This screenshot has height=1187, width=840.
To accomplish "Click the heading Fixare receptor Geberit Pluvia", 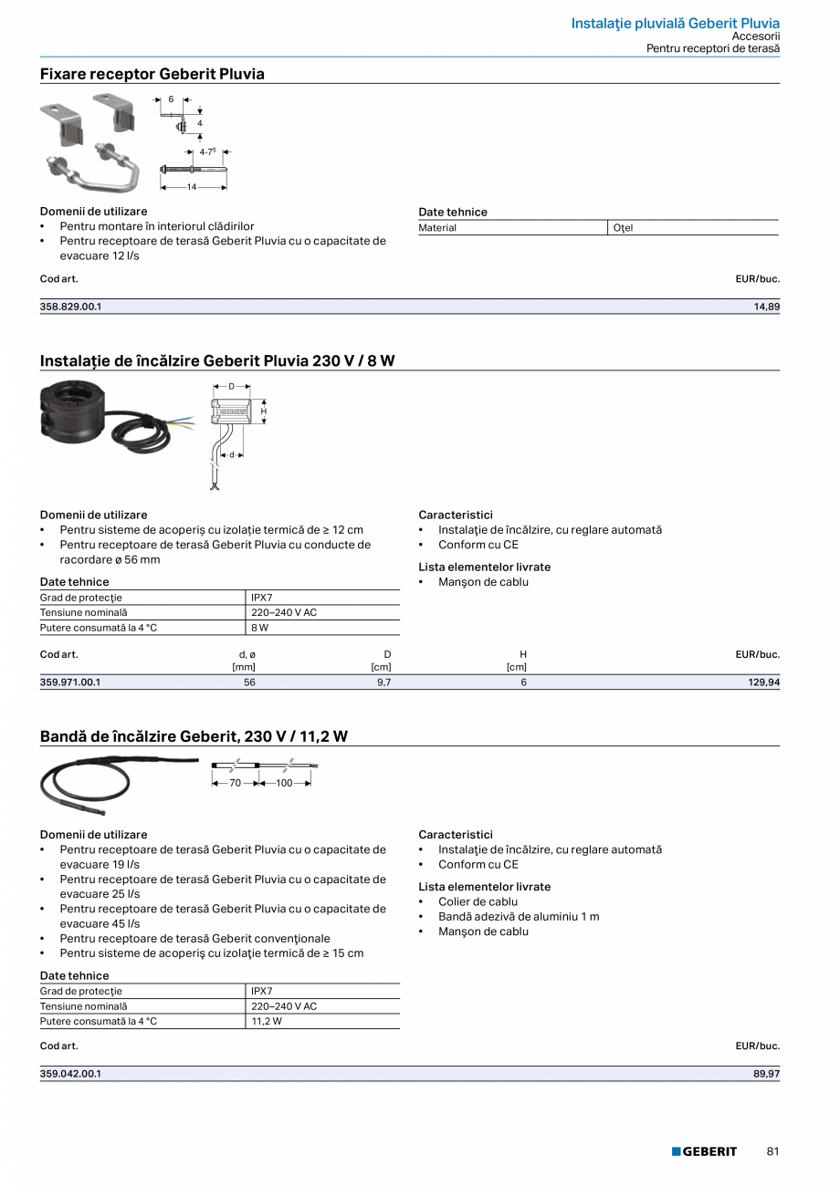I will pyautogui.click(x=152, y=74).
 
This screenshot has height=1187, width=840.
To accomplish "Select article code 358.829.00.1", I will pyautogui.click(x=71, y=307).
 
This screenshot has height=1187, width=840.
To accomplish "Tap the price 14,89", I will pyautogui.click(x=766, y=307).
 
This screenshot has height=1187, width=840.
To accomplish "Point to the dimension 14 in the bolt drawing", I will pyautogui.click(x=192, y=186).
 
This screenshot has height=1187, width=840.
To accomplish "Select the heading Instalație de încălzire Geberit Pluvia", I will pyautogui.click(x=217, y=360).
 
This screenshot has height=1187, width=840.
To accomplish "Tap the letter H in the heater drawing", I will pyautogui.click(x=264, y=411).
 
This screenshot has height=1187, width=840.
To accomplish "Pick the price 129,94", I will pyautogui.click(x=763, y=682).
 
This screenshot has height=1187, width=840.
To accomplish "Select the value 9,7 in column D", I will pyautogui.click(x=384, y=682).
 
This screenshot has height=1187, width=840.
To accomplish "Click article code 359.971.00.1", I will pyautogui.click(x=70, y=682).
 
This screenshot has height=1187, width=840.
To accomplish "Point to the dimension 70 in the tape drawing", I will pyautogui.click(x=235, y=783).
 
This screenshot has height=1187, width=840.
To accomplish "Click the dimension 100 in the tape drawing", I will pyautogui.click(x=284, y=783).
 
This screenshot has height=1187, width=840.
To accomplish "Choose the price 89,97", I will pyautogui.click(x=766, y=1074).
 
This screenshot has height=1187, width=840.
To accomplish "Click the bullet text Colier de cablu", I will pyautogui.click(x=478, y=901).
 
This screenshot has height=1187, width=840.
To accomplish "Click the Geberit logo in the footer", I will pyautogui.click(x=704, y=1151).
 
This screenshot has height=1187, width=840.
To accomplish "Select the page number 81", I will pyautogui.click(x=772, y=1151).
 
